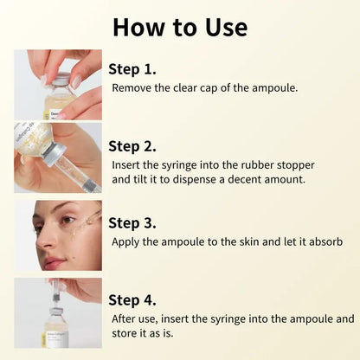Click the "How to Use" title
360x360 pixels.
pyautogui.click(x=179, y=26)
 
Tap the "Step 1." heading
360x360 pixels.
pyautogui.click(x=132, y=68)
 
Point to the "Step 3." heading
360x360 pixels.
pyautogui.click(x=132, y=222)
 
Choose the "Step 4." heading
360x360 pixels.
pyautogui.click(x=132, y=299)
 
